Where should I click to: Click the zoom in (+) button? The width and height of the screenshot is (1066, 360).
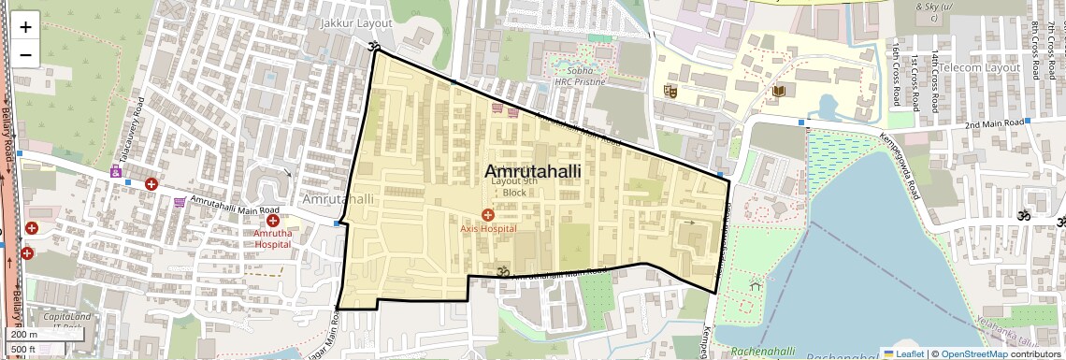[x=25, y=27]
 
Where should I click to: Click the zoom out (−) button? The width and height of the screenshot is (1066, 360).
[x=25, y=54]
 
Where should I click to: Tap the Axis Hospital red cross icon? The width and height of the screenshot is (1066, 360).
[x=487, y=215]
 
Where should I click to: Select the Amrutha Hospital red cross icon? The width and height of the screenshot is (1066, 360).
[x=272, y=221]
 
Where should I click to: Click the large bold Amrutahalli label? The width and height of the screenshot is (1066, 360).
[x=533, y=171]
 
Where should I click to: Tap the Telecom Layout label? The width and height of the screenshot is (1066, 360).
[x=979, y=68]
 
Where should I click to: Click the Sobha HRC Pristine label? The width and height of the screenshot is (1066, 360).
[x=580, y=76]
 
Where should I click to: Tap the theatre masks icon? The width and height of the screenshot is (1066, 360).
[x=670, y=91]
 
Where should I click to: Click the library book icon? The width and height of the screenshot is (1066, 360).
[x=779, y=91]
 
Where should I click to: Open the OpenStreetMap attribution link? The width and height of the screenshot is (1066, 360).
[x=973, y=353]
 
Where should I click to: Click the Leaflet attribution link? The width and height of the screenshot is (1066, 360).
[x=903, y=353]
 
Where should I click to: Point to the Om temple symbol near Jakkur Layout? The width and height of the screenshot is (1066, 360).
[x=375, y=47]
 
